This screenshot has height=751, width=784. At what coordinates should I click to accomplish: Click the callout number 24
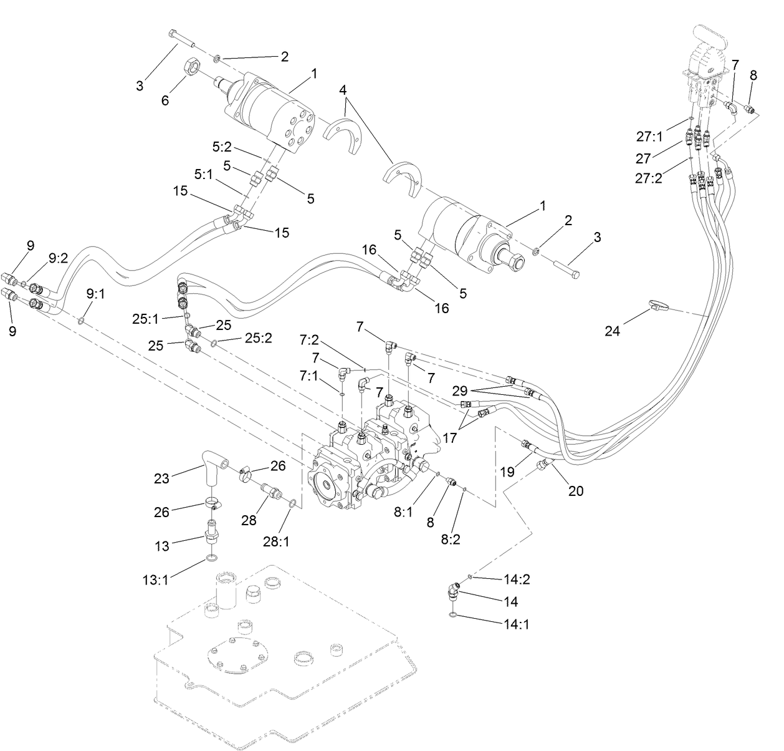(612, 331)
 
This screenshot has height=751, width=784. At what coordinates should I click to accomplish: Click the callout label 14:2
(516, 579)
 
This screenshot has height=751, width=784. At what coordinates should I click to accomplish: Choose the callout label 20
(575, 491)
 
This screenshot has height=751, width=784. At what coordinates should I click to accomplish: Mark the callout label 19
(507, 472)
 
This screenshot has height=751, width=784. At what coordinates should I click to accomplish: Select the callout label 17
(449, 438)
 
